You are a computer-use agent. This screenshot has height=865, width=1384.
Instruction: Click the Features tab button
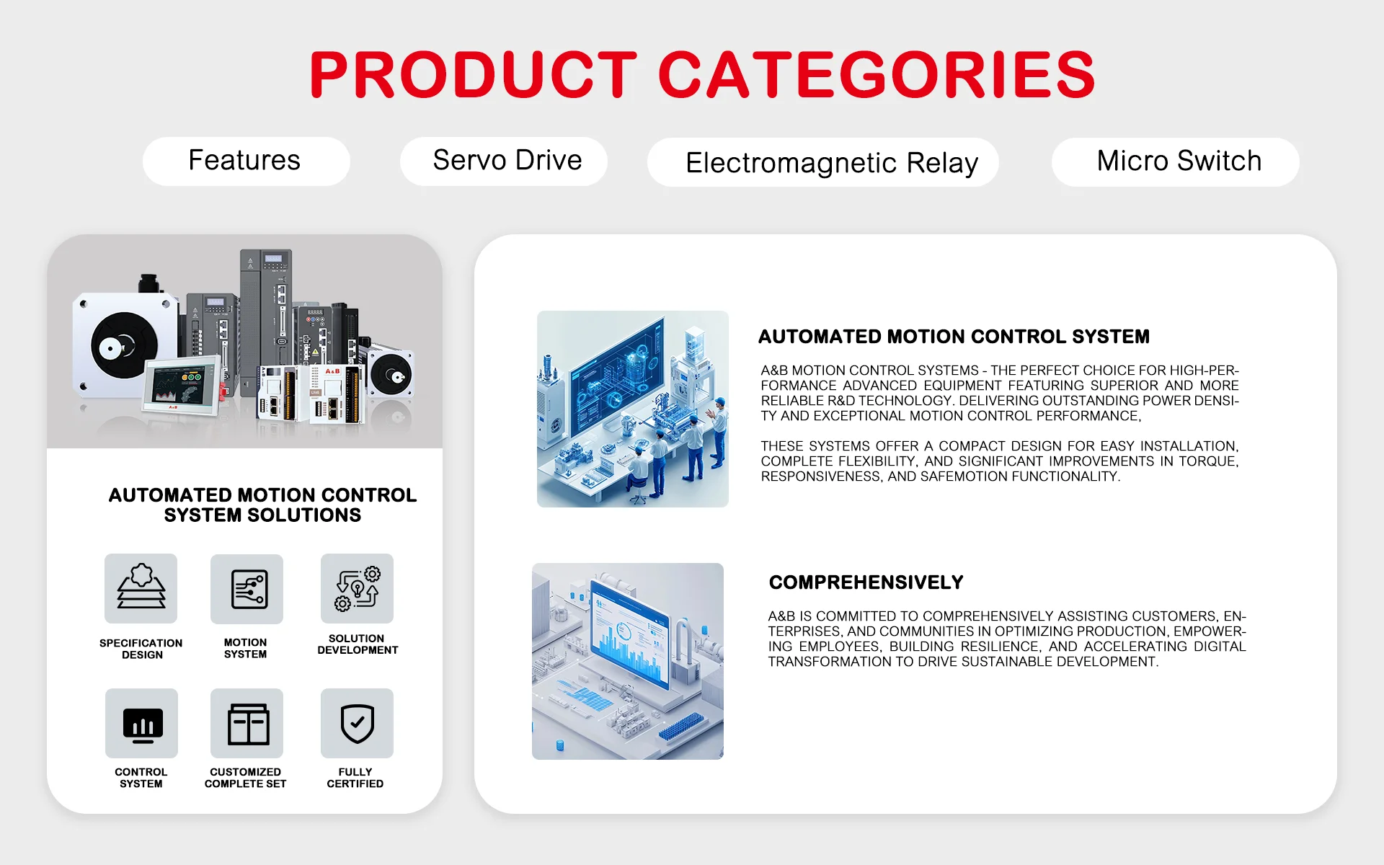click(246, 161)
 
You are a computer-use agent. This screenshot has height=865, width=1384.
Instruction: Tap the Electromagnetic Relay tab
click(822, 162)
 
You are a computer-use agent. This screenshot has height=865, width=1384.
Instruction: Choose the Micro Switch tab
click(1175, 161)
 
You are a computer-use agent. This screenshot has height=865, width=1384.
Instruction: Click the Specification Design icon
click(141, 588)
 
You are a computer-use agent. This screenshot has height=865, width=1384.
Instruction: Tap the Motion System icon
click(247, 589)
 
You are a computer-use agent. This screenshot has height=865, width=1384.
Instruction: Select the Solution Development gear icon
click(357, 588)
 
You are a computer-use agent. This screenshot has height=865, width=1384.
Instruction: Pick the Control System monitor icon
click(141, 723)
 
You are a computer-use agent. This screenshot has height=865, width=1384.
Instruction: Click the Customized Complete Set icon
click(247, 723)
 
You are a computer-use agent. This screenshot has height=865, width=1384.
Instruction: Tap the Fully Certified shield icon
click(357, 723)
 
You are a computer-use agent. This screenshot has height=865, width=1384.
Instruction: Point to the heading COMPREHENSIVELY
click(866, 582)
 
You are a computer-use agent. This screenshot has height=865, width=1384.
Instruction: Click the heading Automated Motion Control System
click(954, 337)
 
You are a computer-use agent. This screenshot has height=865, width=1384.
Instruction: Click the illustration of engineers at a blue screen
click(633, 409)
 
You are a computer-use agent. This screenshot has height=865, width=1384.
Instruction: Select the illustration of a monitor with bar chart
click(628, 661)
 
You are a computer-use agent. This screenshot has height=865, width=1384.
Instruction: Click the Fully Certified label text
click(355, 778)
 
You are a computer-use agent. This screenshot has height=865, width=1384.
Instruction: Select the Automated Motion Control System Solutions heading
click(262, 505)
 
